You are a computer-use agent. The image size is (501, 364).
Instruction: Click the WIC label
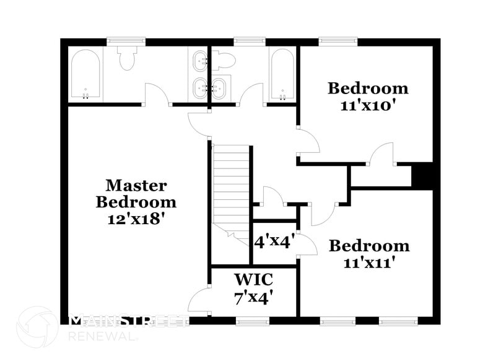click(x=254, y=280)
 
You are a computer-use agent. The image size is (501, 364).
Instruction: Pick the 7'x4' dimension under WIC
click(x=254, y=298)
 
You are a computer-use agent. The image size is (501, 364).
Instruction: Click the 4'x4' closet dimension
click(x=272, y=241)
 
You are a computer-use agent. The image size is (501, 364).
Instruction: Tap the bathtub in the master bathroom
click(x=85, y=76)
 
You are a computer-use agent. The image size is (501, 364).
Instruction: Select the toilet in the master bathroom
click(x=127, y=58)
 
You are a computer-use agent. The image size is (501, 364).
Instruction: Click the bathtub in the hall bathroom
click(x=282, y=76)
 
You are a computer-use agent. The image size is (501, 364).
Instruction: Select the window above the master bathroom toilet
click(x=126, y=41)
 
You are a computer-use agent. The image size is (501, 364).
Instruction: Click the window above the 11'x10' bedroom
click(x=338, y=41)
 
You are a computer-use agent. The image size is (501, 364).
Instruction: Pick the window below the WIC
click(x=253, y=321)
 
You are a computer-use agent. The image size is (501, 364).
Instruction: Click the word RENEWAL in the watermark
click(x=102, y=336)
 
